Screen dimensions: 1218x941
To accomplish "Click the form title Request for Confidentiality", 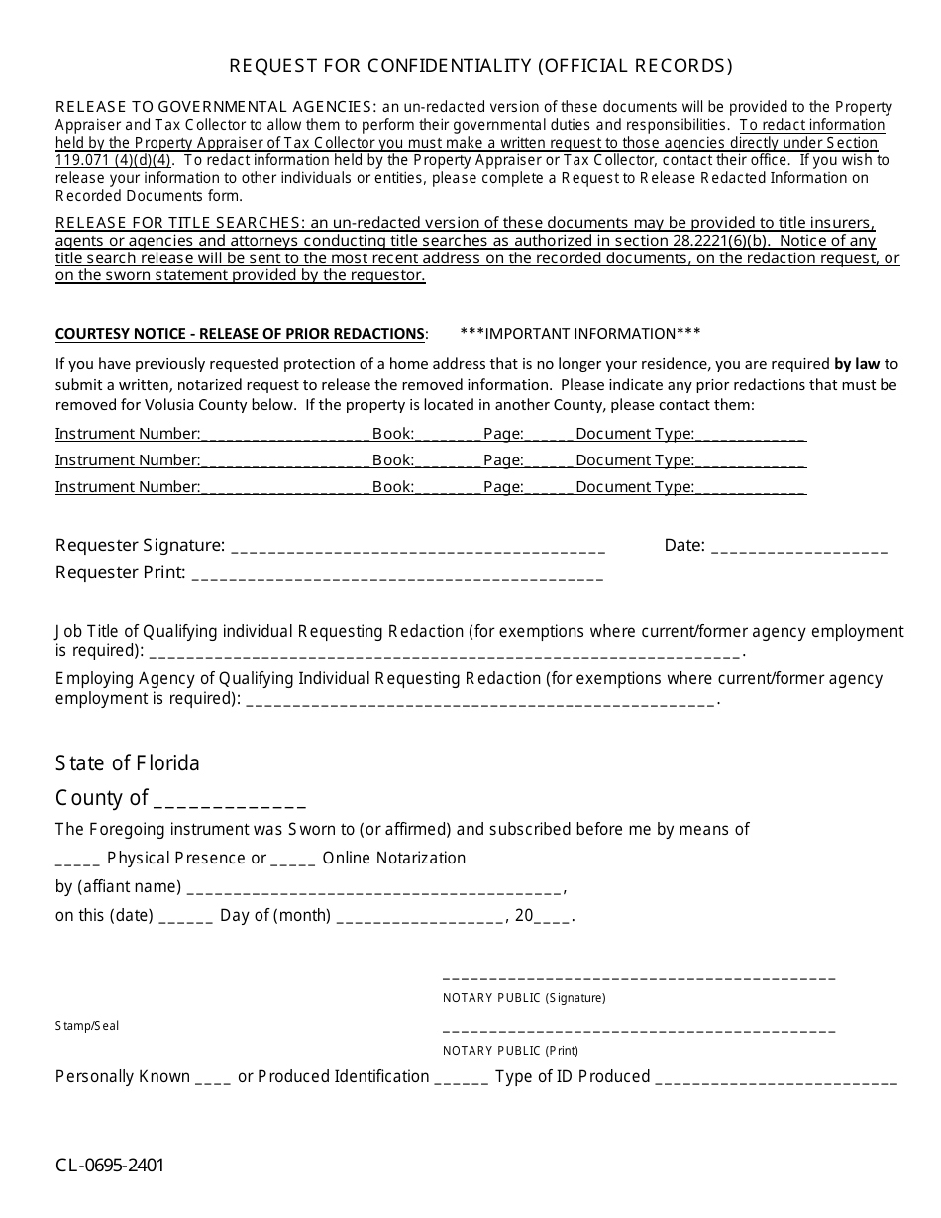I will tap(481, 66).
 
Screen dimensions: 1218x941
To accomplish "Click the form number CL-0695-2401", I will tap(110, 1165).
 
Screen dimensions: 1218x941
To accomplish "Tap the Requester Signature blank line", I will tap(417, 547).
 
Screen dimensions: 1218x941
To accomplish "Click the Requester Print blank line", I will tap(396, 574).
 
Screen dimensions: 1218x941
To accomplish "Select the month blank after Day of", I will tap(420, 917).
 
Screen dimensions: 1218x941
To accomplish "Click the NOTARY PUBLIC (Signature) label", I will tap(524, 998).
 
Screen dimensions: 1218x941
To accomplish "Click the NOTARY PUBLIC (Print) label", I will tap(510, 1050).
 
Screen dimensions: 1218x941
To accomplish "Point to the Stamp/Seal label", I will tap(87, 1026).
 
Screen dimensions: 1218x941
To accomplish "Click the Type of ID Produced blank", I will tap(777, 1078).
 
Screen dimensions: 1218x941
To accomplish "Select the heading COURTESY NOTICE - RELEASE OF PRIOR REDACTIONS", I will tap(242, 333).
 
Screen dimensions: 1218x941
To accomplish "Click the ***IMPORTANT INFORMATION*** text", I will tap(580, 333).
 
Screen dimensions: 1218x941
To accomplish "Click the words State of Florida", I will tap(128, 763).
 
